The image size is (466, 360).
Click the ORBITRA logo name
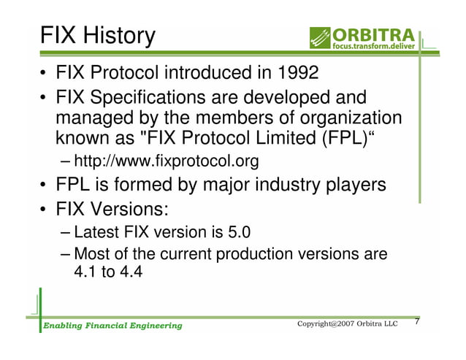(x=374, y=34)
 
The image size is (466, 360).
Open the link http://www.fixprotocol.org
(x=167, y=161)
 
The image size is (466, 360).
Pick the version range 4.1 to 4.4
(x=110, y=274)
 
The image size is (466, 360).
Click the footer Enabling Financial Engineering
(x=111, y=325)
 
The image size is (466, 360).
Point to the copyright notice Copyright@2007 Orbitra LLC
(x=346, y=323)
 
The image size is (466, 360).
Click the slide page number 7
(x=417, y=322)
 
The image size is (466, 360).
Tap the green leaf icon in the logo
(x=320, y=37)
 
